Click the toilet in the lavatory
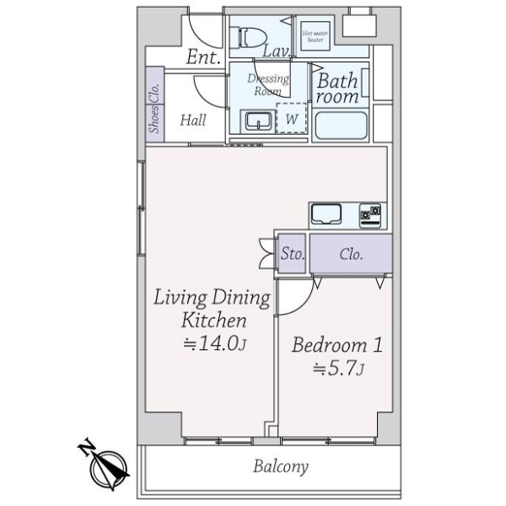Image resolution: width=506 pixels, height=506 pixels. (248, 37)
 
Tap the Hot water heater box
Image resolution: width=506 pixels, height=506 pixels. (315, 36)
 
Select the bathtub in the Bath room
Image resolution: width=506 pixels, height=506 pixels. (341, 126)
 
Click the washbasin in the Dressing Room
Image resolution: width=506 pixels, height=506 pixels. (258, 121)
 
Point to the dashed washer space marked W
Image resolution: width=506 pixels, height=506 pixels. (292, 118)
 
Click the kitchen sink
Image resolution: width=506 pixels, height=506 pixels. (326, 214)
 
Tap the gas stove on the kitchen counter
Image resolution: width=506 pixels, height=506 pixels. (370, 216)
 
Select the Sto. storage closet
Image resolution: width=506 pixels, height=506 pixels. (292, 253)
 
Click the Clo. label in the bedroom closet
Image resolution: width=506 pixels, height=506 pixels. (351, 255)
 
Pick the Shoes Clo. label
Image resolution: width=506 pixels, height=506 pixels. (155, 108)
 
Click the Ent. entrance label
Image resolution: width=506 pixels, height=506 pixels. (203, 57)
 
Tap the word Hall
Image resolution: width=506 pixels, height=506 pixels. (193, 120)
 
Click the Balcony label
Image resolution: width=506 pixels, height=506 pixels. (281, 466)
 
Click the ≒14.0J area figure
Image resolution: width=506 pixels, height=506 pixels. (215, 343)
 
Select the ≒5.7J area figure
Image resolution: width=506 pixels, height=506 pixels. (338, 368)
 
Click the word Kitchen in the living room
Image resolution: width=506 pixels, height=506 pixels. (213, 320)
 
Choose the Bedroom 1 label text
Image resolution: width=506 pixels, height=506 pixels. (337, 344)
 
